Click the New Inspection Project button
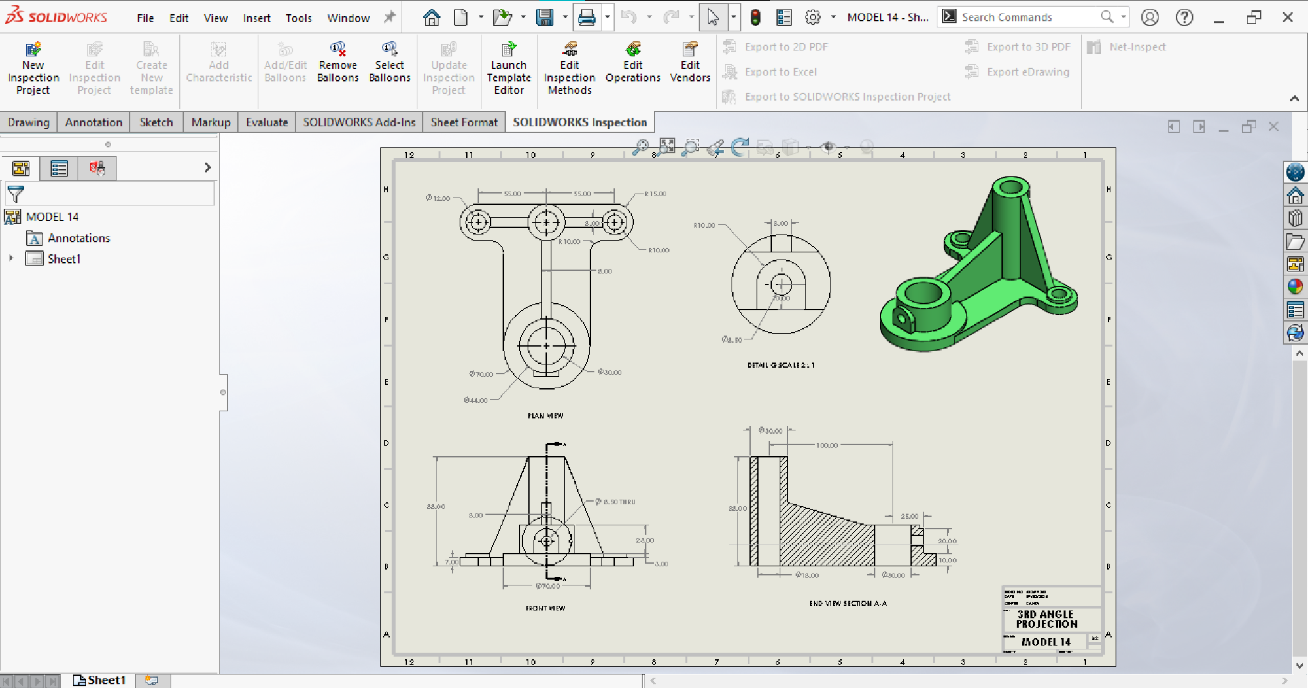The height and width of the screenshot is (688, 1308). [x=33, y=68]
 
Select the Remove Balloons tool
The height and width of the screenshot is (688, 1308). [x=337, y=63]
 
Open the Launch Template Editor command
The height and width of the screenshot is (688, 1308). [x=509, y=68]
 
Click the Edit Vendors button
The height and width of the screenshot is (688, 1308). [x=690, y=63]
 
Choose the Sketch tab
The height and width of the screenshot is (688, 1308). [x=156, y=122]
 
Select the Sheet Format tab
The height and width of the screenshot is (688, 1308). [x=464, y=122]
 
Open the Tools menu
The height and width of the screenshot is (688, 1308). [x=298, y=18]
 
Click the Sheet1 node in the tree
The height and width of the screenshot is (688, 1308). [x=63, y=259]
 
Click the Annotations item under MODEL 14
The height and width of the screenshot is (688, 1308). [x=78, y=238]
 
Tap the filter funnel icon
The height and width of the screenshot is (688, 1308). [x=16, y=194]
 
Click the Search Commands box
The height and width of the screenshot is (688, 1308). [x=1027, y=17]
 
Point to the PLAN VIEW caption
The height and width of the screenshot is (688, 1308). [x=545, y=415]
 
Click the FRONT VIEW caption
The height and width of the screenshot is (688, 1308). [x=545, y=608]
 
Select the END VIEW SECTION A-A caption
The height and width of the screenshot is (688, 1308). [x=848, y=603]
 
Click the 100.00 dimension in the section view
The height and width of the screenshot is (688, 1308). [x=827, y=445]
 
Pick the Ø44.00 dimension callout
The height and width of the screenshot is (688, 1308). [x=475, y=400]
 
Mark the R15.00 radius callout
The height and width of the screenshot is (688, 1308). [x=655, y=194]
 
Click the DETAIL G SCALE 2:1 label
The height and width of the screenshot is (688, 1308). [x=781, y=365]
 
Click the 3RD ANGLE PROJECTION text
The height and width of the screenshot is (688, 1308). [x=1046, y=619]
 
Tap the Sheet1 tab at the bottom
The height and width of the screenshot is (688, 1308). [x=99, y=680]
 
